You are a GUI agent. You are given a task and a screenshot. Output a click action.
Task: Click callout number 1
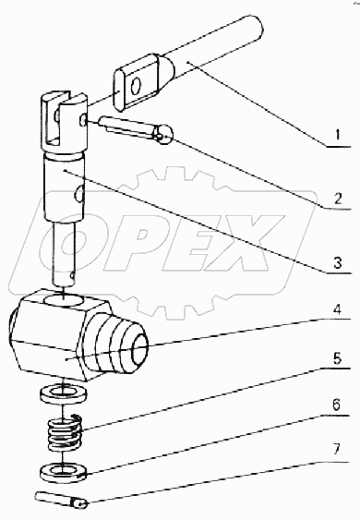[337, 135]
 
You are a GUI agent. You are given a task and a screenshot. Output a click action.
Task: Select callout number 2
[337, 199]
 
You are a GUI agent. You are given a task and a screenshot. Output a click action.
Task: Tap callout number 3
[337, 262]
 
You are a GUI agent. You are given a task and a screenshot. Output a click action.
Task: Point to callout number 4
[337, 310]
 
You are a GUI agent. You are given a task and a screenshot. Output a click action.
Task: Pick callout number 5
[337, 358]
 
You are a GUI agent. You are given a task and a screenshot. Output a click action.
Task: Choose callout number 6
[337, 405]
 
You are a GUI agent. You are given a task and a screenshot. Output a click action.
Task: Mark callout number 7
[337, 450]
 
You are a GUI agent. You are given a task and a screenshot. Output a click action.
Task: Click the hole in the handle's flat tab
[135, 86]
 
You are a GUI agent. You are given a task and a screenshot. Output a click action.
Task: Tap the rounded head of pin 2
[162, 135]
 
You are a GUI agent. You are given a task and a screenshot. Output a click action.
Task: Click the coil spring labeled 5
[65, 433]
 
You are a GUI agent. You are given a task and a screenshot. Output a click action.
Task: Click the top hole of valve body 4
[65, 301]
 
